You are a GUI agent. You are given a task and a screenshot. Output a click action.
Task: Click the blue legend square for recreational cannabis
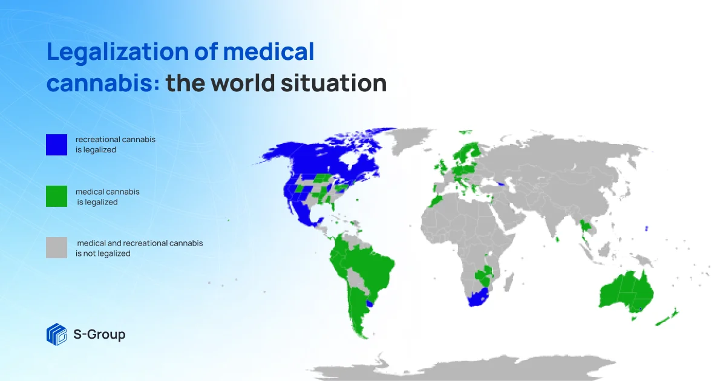tap(56, 145)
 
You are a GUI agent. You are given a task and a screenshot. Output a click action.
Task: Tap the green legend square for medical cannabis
tap(56, 196)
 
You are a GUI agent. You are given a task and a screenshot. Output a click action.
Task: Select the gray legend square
tap(56, 247)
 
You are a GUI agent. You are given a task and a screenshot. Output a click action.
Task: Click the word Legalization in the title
tap(117, 52)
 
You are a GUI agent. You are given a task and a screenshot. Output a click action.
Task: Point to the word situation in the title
tap(334, 83)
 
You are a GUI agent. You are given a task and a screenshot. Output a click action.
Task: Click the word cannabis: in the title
tap(103, 83)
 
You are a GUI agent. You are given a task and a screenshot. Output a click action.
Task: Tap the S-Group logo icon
tap(56, 334)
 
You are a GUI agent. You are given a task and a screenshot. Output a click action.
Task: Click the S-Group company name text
tap(99, 334)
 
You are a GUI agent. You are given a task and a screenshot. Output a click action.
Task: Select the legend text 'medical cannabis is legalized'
tap(107, 197)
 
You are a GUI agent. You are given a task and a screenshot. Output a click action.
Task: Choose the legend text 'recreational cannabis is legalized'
tap(116, 145)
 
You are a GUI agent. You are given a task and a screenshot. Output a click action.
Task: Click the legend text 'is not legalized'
tap(103, 253)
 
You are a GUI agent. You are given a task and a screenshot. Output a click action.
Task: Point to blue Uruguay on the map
tap(370, 304)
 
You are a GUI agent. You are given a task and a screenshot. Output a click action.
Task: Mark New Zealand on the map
tap(667, 317)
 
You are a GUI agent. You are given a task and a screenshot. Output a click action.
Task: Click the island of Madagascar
tap(509, 282)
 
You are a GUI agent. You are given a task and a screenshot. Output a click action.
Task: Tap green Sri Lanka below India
tap(557, 239)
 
